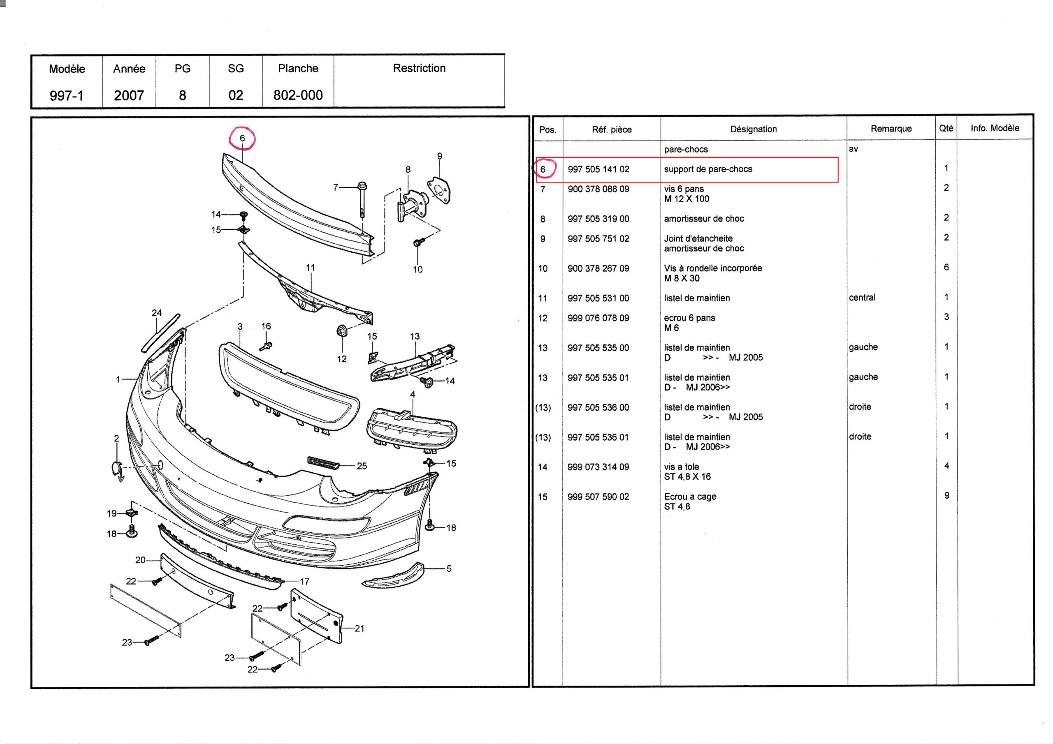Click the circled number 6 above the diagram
coord(242,138)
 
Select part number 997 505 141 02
coord(598,169)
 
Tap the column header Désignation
coord(753,129)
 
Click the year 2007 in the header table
coord(129,95)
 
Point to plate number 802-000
coord(298,95)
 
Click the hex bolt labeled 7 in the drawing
coord(362,200)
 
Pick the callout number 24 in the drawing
coord(157,313)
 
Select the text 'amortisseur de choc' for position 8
coord(703,219)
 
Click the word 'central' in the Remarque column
coord(862,298)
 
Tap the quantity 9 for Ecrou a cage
coord(946,496)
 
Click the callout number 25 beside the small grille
coord(362,466)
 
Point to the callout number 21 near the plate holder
coord(360,628)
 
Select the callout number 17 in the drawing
coord(304,581)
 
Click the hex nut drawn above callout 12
coord(341,330)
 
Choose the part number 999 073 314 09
coord(598,467)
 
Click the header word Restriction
coord(419,68)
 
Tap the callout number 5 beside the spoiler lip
coord(449,568)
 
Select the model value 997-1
coord(67,95)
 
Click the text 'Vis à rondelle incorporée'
coord(713,268)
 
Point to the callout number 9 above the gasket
coord(440,156)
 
